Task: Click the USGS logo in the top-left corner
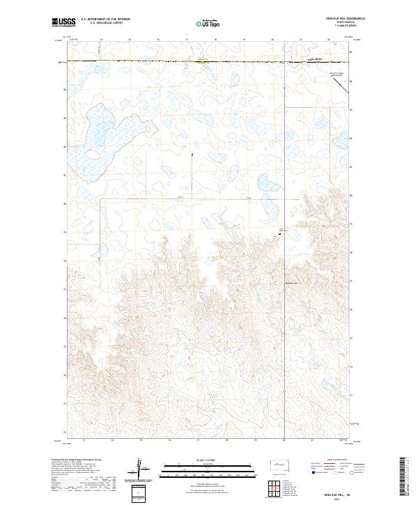(x=65, y=23)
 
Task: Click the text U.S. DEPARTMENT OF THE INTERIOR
(x=104, y=20)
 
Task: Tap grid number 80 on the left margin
(x=66, y=204)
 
